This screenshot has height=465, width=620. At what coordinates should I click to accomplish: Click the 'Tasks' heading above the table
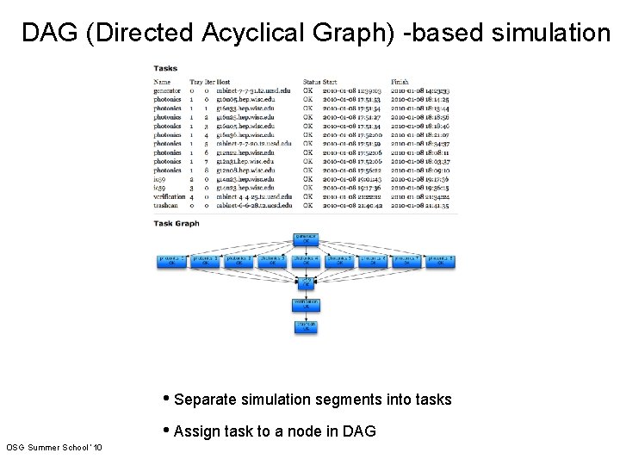(x=165, y=69)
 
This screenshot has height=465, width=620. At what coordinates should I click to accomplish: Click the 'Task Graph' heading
(x=177, y=223)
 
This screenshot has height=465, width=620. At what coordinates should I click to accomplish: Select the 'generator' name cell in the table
(x=167, y=90)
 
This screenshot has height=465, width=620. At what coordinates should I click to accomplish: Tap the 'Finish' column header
(x=400, y=82)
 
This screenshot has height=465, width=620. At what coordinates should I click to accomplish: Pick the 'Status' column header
(x=311, y=82)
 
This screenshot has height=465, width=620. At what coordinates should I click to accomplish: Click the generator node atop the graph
(x=306, y=237)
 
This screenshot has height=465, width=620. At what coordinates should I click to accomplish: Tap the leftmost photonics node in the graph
(x=171, y=261)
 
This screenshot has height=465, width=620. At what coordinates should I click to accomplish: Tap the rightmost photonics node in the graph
(x=440, y=261)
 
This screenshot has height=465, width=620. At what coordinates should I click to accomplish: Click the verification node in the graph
(x=306, y=305)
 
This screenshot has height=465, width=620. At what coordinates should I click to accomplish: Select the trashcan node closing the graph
(x=306, y=326)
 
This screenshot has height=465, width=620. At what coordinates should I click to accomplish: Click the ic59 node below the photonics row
(x=306, y=282)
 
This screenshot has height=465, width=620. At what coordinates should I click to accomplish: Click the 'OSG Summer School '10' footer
(x=53, y=448)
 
